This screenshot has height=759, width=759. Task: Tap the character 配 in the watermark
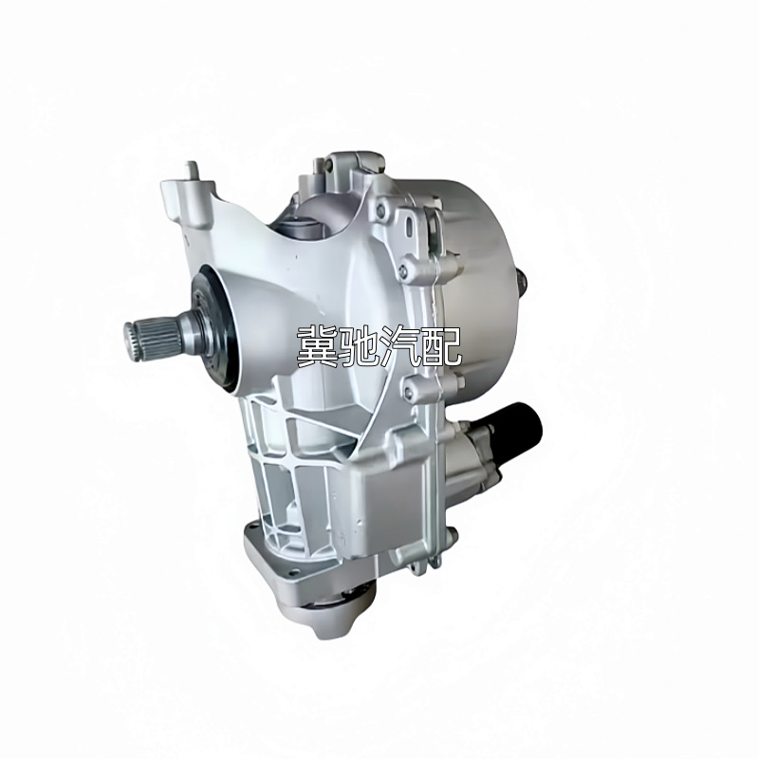tap(446, 348)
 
